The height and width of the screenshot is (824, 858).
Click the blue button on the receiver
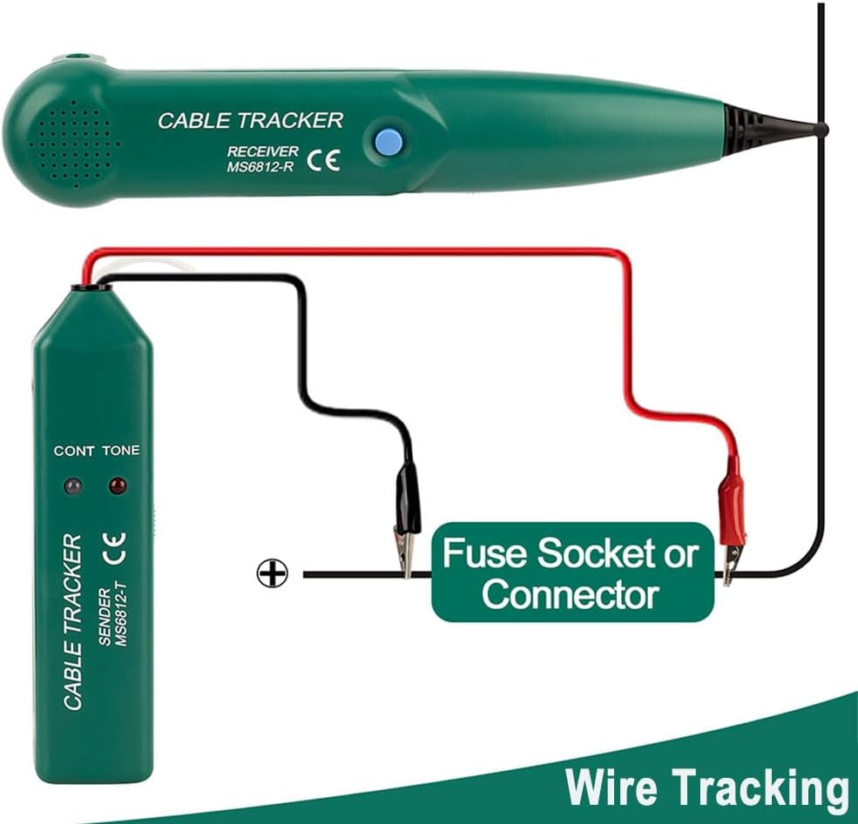(x=388, y=142)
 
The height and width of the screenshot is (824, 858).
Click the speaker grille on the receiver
(x=74, y=144)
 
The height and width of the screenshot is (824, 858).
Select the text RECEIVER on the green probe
(x=263, y=151)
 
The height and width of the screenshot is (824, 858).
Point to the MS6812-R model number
(x=260, y=167)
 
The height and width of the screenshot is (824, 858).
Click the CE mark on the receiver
(x=323, y=160)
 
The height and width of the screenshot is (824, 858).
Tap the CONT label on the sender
(x=74, y=451)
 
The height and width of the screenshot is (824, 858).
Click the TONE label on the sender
(x=121, y=450)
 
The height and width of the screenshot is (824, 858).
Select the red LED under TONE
(x=118, y=485)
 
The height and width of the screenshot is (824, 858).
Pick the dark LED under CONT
(x=73, y=486)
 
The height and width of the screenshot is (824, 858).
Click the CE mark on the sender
(x=114, y=548)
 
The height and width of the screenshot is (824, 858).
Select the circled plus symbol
(x=272, y=573)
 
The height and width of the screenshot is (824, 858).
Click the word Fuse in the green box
(x=483, y=553)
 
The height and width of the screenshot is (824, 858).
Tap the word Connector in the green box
(x=571, y=593)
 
